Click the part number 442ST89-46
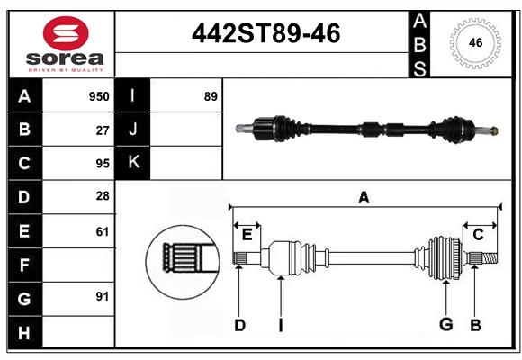[266, 33]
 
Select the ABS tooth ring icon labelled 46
[474, 42]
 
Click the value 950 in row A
[99, 96]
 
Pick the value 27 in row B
[103, 130]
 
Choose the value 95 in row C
[103, 164]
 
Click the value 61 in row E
[103, 231]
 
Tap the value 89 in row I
[211, 96]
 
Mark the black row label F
[24, 265]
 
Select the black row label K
[133, 163]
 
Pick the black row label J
[133, 130]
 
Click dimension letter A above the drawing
[364, 197]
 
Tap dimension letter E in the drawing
[247, 235]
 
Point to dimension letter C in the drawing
[478, 235]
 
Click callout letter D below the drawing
[239, 325]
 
